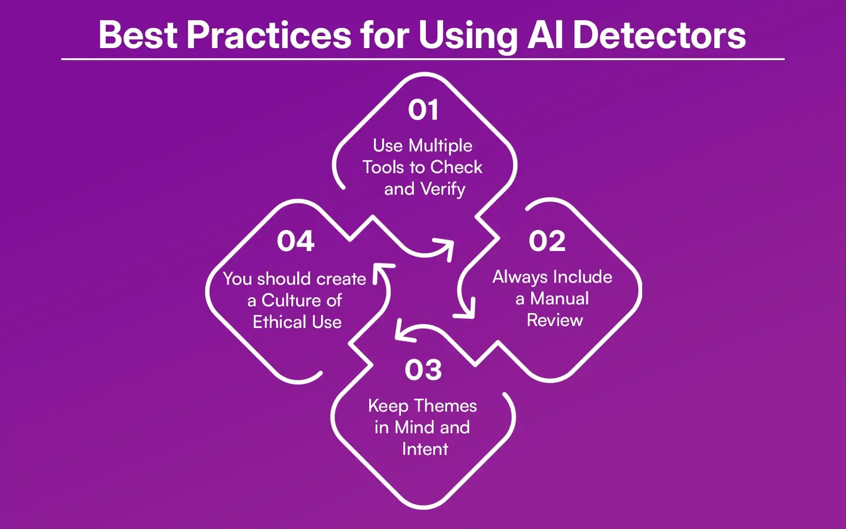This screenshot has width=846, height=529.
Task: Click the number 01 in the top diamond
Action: click(423, 110)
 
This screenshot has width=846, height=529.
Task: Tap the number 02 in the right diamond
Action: click(547, 241)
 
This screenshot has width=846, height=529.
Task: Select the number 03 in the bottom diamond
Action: click(423, 370)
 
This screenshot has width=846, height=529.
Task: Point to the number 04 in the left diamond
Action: click(296, 241)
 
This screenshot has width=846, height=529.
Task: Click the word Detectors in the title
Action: click(659, 35)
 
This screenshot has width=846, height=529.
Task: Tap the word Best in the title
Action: click(138, 35)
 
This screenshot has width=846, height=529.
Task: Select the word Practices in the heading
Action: click(269, 35)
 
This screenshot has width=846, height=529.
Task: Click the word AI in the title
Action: click(545, 35)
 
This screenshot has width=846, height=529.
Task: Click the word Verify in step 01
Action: click(443, 189)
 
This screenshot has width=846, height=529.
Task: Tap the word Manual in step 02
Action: click(559, 299)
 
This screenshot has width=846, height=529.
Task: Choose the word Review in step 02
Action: click(555, 320)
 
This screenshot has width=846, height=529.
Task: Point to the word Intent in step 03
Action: click(425, 449)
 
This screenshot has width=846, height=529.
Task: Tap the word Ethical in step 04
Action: click(280, 322)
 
